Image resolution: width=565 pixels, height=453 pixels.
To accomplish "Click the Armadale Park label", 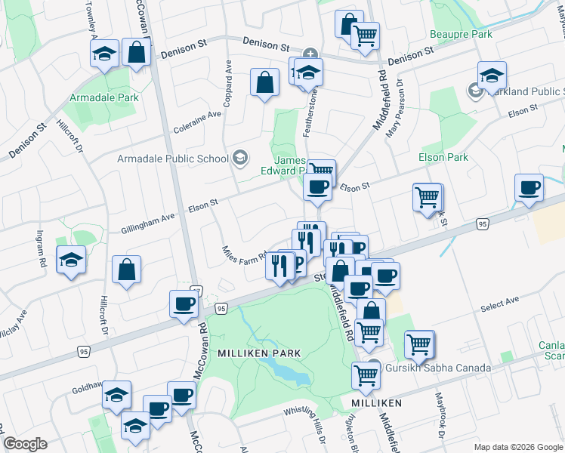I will (104, 97).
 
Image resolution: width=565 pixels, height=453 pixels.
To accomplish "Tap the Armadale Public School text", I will (172, 159).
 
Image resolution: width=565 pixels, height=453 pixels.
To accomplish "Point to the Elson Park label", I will (443, 157).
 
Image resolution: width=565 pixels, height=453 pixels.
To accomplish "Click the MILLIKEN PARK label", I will (259, 353).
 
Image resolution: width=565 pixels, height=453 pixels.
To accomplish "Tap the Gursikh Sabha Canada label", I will (439, 368).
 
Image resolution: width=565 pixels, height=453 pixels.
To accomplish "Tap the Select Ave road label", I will (500, 302).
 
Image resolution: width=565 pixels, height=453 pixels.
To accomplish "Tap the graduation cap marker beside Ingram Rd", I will (71, 260).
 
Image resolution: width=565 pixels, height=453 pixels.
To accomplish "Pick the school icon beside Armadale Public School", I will (240, 157).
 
